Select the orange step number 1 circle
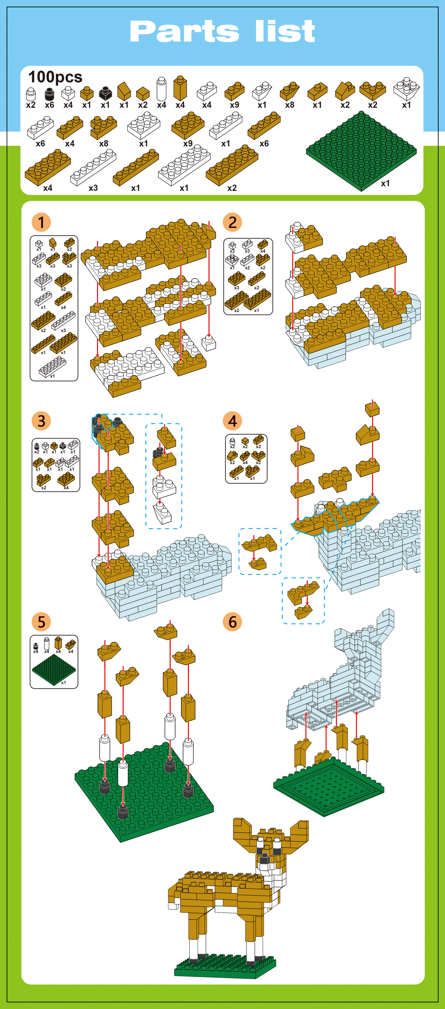tap(41, 222)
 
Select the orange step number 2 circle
tap(232, 222)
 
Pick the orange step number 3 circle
tap(41, 421)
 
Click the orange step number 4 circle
tap(232, 421)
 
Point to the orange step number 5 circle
tap(41, 622)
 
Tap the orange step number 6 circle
tap(232, 622)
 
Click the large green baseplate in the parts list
tap(361, 151)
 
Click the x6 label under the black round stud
tap(49, 105)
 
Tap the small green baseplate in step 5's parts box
tap(54, 669)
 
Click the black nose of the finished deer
tap(265, 858)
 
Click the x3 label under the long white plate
tap(93, 188)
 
